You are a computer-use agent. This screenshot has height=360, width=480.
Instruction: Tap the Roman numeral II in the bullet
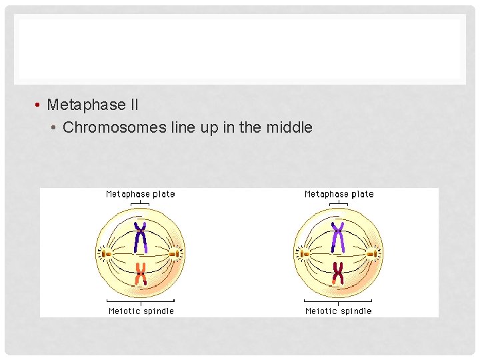(134, 105)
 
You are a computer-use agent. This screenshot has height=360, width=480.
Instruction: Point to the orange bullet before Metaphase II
(40, 105)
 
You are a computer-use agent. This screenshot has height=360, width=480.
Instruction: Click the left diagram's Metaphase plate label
(140, 194)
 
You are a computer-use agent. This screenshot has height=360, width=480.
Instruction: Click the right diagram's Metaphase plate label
(339, 194)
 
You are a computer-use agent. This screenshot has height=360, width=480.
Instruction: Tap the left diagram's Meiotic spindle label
(141, 311)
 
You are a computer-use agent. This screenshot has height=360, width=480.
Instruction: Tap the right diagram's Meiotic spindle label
(339, 311)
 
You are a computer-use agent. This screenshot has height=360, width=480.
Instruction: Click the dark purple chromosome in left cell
(140, 237)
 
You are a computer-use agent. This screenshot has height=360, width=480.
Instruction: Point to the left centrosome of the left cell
(104, 253)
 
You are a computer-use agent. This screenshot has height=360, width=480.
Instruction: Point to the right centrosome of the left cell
(177, 253)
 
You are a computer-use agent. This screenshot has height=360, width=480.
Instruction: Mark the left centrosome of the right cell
(302, 253)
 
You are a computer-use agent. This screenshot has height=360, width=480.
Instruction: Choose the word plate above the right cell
(362, 194)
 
